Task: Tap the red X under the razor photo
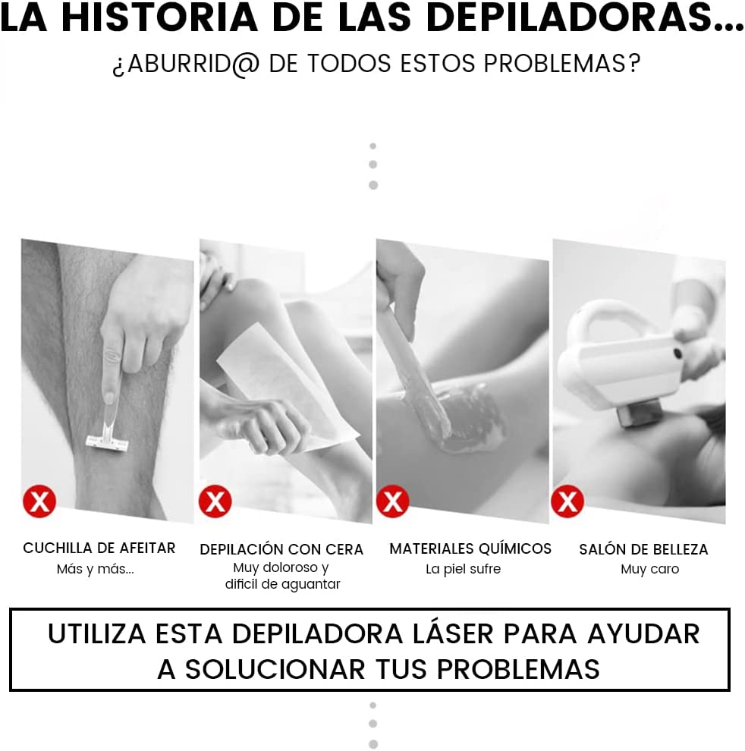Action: tap(39, 501)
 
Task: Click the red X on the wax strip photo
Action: tap(215, 501)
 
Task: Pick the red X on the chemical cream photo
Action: tap(393, 501)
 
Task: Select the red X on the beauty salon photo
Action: tap(567, 501)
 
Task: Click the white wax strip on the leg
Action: tap(288, 387)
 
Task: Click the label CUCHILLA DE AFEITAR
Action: tap(99, 548)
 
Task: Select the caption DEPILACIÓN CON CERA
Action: tap(281, 549)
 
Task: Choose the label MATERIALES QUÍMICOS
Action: tap(470, 548)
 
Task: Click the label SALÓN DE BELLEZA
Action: tap(643, 549)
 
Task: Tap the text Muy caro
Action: tap(649, 569)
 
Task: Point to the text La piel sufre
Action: tap(463, 569)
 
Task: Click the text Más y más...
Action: tap(95, 569)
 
